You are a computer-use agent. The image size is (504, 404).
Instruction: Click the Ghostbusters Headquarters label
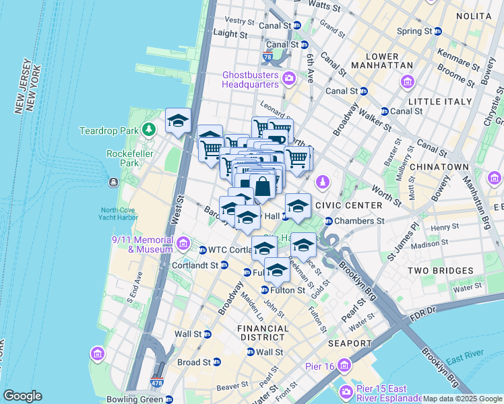coord(251,79)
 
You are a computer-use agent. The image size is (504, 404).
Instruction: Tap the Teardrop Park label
coord(108,130)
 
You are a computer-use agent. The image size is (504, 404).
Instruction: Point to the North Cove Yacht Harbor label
coord(119,213)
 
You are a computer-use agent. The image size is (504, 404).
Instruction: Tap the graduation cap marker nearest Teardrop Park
coord(178,122)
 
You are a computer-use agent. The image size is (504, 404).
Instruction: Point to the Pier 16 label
coord(323,366)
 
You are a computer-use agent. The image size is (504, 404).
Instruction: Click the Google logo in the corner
coord(22,396)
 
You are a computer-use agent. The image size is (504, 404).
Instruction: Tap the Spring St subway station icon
coord(437,31)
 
